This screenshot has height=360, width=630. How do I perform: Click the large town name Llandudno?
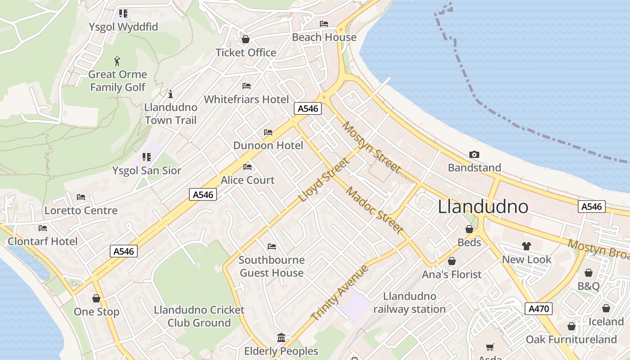click(x=483, y=207)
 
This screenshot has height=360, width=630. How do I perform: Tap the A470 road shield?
click(x=538, y=309)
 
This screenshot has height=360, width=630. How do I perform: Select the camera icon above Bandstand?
click(x=474, y=155)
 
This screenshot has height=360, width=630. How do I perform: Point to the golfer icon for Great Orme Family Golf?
click(x=117, y=61)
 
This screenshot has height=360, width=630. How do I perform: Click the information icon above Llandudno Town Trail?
click(x=170, y=94)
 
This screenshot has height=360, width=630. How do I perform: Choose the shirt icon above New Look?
click(x=526, y=246)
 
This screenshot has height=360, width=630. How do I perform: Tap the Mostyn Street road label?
click(x=371, y=147)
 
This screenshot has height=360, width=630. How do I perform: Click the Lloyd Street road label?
click(x=324, y=180)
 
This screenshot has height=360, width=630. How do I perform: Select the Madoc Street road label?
click(x=374, y=210)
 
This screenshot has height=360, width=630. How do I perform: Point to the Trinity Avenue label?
click(x=340, y=293)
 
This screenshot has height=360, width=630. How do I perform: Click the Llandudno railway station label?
click(x=409, y=303)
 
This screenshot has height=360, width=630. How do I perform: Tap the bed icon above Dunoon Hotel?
click(x=268, y=132)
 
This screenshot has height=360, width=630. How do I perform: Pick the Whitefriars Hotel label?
click(x=247, y=99)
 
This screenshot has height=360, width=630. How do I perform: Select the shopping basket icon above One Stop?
click(x=96, y=298)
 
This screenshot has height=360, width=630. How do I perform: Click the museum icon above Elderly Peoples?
click(x=281, y=337)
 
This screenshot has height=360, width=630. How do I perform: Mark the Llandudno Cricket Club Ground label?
click(x=199, y=316)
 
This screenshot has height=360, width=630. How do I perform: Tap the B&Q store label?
click(x=588, y=286)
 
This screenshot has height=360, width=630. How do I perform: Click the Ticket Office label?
click(x=246, y=53)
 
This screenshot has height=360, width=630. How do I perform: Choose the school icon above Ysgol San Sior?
click(x=147, y=157)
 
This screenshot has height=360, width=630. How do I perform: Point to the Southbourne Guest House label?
click(x=271, y=266)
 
